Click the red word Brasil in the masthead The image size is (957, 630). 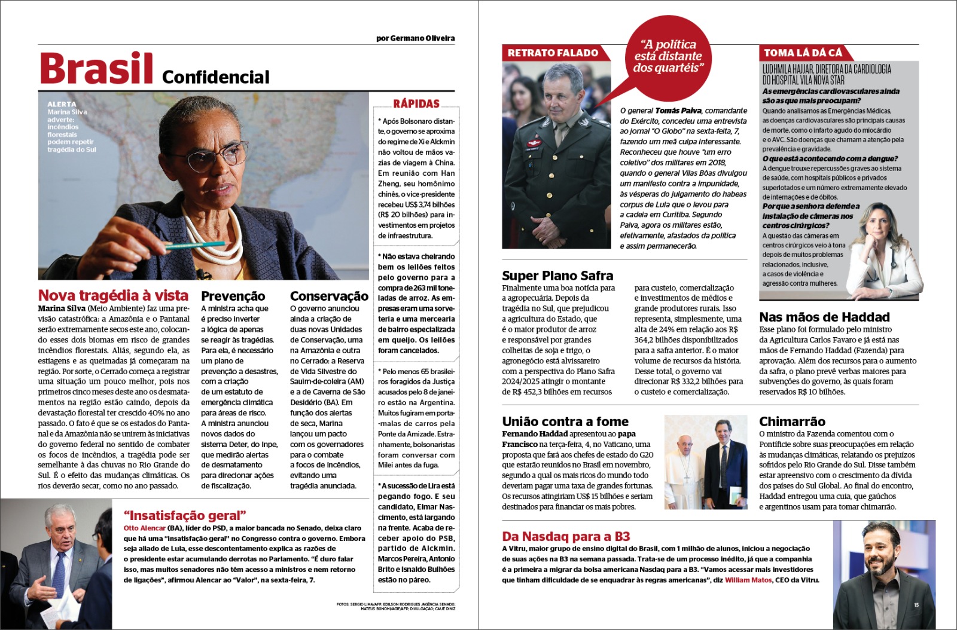[x=96, y=69]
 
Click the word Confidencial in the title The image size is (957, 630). [x=216, y=77]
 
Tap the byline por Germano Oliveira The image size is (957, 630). [x=415, y=38]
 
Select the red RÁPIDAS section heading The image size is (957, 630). [x=416, y=103]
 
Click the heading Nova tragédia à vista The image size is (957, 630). [x=113, y=295]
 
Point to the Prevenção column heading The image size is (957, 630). [x=233, y=296]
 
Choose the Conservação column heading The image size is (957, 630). [x=329, y=296]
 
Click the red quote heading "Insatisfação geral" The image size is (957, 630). [x=185, y=515]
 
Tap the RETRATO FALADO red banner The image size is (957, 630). [x=553, y=53]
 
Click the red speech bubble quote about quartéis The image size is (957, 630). [x=668, y=56]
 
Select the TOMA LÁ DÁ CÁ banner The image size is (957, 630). [x=803, y=53]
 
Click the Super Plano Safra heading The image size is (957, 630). [x=557, y=276]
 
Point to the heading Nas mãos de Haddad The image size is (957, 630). [x=824, y=317]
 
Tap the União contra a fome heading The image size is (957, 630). [x=565, y=421]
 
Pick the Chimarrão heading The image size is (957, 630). [x=792, y=421]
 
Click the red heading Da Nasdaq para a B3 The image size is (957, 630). [x=566, y=536]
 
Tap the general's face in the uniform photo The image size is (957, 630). [x=558, y=96]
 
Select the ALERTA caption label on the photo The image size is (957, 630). [x=62, y=104]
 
